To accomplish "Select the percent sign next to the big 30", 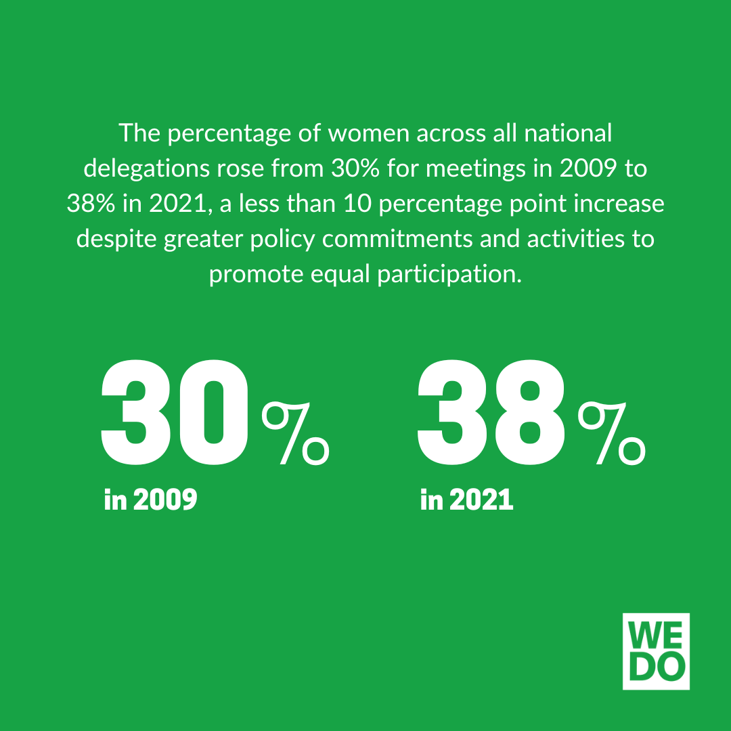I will click(x=296, y=433).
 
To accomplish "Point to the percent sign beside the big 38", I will click(x=611, y=433).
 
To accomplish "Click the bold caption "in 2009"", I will click(x=151, y=500).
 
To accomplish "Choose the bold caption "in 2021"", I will click(x=466, y=500).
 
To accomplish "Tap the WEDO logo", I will click(x=655, y=651).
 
